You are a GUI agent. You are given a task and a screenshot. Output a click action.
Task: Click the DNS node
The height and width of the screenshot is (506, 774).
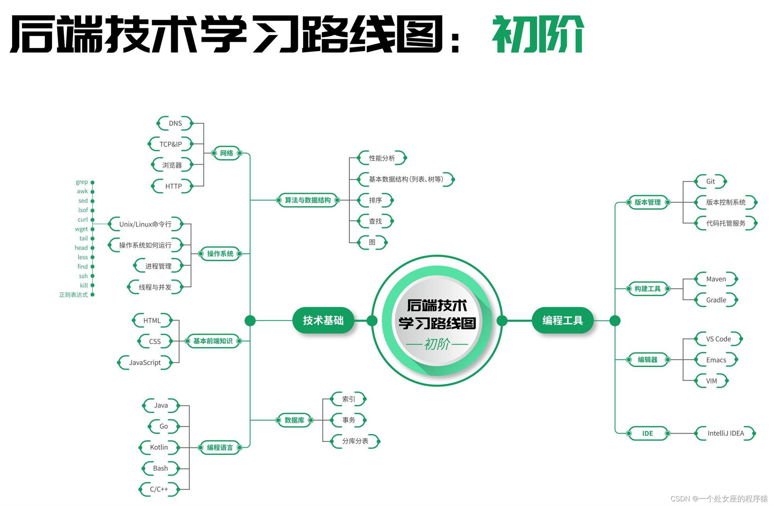tap(175, 123)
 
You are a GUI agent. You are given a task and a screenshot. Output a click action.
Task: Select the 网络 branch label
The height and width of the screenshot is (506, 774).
tap(226, 153)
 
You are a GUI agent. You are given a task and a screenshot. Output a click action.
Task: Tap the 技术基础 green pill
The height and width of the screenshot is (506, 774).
tap(323, 321)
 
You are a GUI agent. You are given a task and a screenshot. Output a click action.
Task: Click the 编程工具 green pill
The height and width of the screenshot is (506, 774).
tap(562, 321)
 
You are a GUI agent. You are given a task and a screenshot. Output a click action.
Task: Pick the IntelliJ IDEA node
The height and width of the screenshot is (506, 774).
tap(725, 434)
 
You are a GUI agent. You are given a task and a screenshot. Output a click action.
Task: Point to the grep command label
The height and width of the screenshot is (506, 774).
tap(82, 182)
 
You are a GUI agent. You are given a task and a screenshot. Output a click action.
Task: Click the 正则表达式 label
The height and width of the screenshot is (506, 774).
tap(74, 295)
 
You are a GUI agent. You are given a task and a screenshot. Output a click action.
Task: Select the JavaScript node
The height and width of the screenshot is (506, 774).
tap(145, 363)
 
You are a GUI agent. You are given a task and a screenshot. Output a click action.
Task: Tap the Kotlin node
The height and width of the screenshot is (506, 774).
tap(159, 448)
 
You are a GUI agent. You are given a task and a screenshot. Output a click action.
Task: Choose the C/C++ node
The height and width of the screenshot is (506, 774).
tap(159, 489)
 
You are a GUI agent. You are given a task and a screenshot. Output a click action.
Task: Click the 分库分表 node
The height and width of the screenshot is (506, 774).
tap(355, 441)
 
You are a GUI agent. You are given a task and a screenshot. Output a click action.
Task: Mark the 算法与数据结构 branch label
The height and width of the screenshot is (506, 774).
tap(308, 200)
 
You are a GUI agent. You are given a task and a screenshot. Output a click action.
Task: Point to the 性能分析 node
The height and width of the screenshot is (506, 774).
tap(382, 158)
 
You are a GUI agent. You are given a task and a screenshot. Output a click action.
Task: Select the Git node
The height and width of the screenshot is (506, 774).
tap(711, 182)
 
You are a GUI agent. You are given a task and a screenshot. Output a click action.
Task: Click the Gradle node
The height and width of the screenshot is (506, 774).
tap(716, 300)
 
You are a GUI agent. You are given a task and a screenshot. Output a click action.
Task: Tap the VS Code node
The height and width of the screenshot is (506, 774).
tap(718, 339)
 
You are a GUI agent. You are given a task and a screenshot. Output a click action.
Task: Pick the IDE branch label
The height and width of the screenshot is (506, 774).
tap(647, 434)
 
